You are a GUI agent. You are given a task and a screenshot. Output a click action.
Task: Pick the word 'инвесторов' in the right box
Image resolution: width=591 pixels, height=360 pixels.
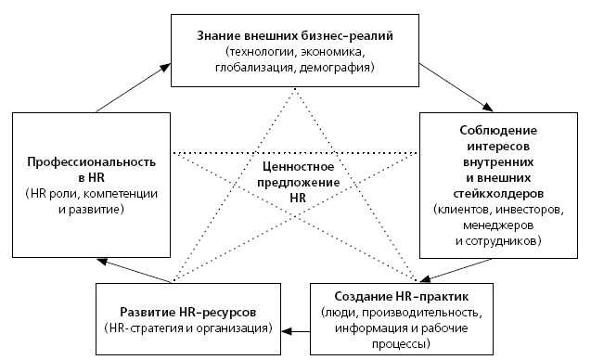526,211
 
